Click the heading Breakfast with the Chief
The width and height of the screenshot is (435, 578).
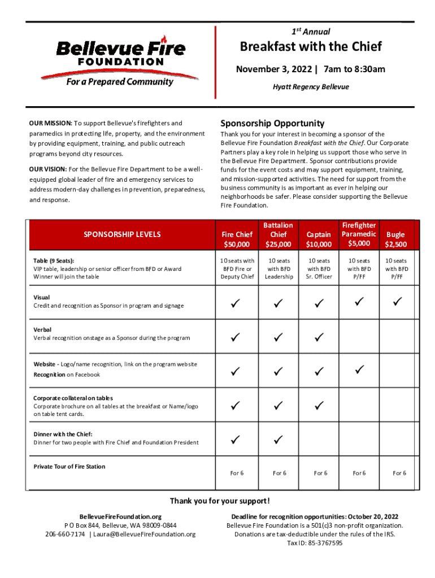pyautogui.click(x=311, y=46)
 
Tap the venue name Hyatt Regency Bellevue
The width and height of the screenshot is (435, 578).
pyautogui.click(x=311, y=87)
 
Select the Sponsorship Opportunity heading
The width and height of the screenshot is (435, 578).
pyautogui.click(x=272, y=123)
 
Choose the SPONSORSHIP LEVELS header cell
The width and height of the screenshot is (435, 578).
pyautogui.click(x=122, y=234)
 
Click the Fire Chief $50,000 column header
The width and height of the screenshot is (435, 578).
pyautogui.click(x=237, y=239)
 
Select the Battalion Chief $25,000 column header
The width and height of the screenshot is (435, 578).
pyautogui.click(x=279, y=234)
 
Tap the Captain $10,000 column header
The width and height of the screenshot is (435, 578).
pyautogui.click(x=319, y=239)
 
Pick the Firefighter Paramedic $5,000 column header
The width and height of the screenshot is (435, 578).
pyautogui.click(x=359, y=234)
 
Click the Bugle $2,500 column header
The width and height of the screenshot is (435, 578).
pyautogui.click(x=396, y=239)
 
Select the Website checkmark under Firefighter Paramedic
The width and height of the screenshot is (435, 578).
pyautogui.click(x=359, y=370)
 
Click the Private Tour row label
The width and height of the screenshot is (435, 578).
pyautogui.click(x=69, y=467)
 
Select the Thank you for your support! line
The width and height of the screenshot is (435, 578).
pyautogui.click(x=220, y=501)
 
